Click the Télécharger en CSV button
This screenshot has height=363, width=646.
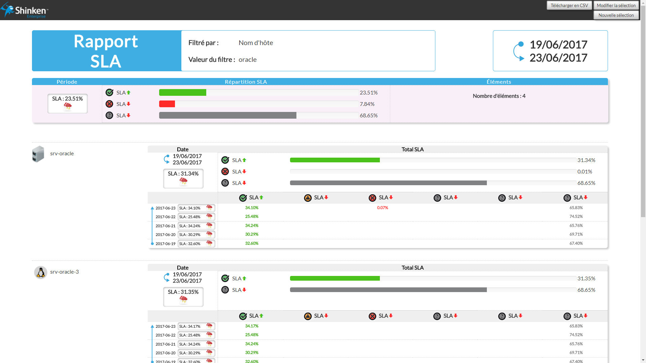[569, 5]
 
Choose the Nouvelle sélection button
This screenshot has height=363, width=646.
[616, 15]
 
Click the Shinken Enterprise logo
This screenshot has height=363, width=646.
[25, 10]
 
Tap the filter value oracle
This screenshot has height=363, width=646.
[247, 59]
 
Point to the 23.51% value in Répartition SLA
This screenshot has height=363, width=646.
[368, 92]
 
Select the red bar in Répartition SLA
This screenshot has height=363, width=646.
[167, 104]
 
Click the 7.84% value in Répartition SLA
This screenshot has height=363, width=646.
[367, 104]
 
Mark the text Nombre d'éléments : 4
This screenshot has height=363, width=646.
[499, 96]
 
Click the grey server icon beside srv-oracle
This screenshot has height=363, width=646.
[38, 154]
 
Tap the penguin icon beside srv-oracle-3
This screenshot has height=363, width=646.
[41, 272]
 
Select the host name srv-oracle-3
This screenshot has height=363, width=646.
[64, 272]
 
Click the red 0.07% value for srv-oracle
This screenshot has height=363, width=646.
[382, 208]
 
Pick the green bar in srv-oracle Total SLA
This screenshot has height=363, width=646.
[334, 160]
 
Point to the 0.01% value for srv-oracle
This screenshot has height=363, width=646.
[584, 171]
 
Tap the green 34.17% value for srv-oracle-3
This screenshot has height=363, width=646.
[252, 326]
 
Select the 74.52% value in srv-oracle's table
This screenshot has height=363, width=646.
[576, 216]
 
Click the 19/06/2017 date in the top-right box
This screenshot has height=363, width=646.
[558, 44]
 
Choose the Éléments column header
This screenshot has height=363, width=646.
[499, 82]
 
